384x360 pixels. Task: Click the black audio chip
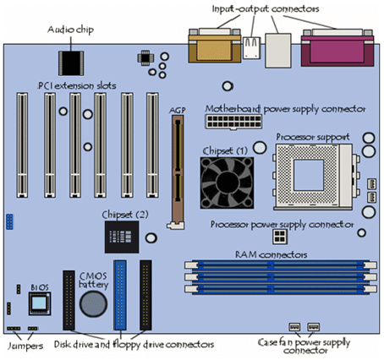pos(71,63)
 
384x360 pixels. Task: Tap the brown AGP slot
pos(178,172)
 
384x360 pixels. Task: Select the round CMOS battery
pos(93,304)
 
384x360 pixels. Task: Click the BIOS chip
pos(40,303)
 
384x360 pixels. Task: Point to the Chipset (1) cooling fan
pos(227,183)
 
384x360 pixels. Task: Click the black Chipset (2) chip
pos(122,237)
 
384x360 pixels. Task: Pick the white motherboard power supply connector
pos(233,122)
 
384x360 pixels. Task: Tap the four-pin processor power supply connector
pos(280,237)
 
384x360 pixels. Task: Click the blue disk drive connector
pos(120,295)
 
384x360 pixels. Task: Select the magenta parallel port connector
pos(337,48)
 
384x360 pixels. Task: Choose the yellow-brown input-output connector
pos(215,46)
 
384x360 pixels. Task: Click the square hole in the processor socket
pos(309,175)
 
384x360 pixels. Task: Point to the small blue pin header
pos(9,221)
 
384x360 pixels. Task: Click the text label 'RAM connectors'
pos(271,254)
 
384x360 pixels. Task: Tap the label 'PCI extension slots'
pos(77,85)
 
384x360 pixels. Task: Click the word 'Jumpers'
pos(25,346)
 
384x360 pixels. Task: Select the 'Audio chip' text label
pos(70,30)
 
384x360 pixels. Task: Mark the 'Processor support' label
pos(313,137)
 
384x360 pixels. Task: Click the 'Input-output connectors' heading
pos(266,8)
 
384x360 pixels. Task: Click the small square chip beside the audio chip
pos(145,57)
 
